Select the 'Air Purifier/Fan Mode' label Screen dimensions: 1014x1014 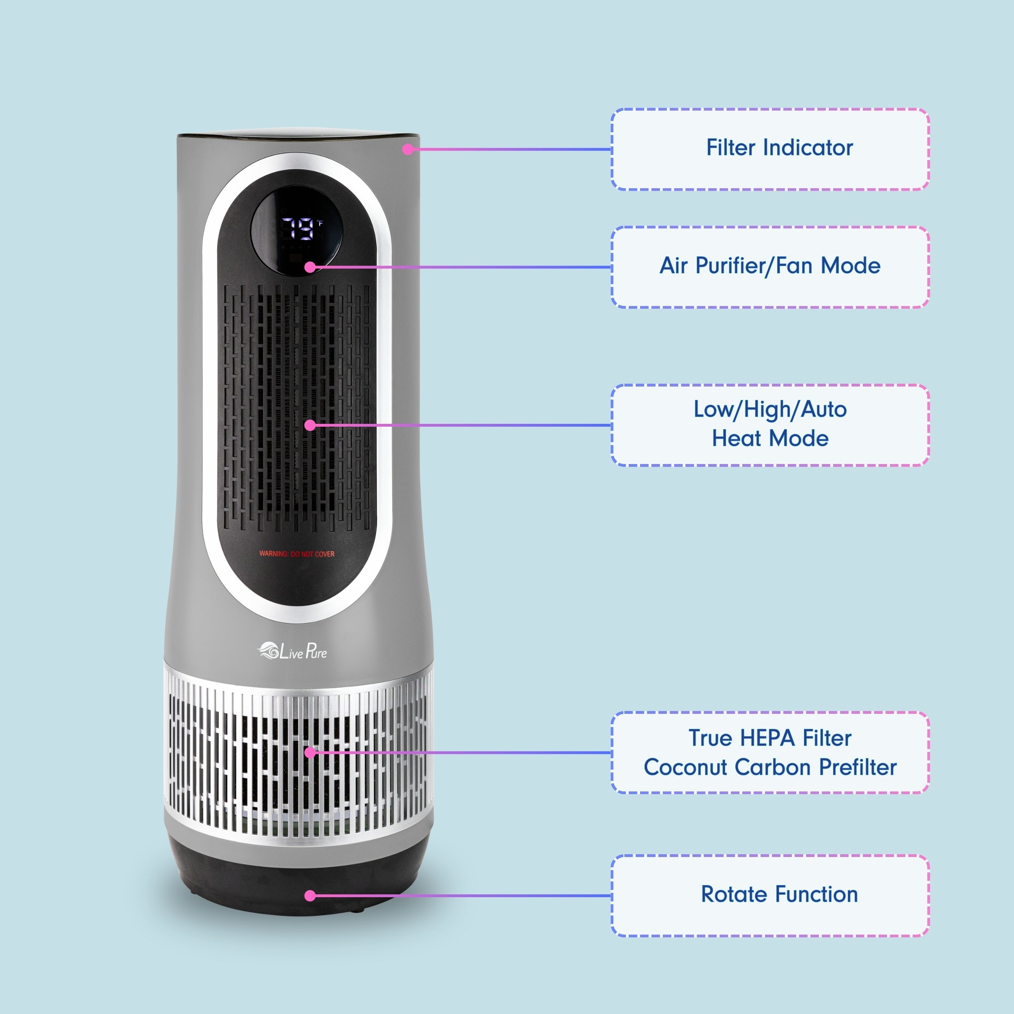(769, 266)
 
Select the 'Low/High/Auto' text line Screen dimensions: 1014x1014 (769, 409)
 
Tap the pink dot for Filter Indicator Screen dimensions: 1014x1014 (408, 150)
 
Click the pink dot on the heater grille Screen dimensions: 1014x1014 (310, 425)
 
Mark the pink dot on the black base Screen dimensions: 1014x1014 (310, 896)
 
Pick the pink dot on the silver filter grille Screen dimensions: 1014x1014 (310, 753)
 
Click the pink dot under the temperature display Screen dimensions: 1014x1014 (310, 267)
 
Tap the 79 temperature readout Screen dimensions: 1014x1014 (298, 229)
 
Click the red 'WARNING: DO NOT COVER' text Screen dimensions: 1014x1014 (296, 554)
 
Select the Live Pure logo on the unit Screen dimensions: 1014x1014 (292, 651)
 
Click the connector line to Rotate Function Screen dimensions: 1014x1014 (462, 896)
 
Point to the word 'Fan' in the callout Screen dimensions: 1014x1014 (795, 266)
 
